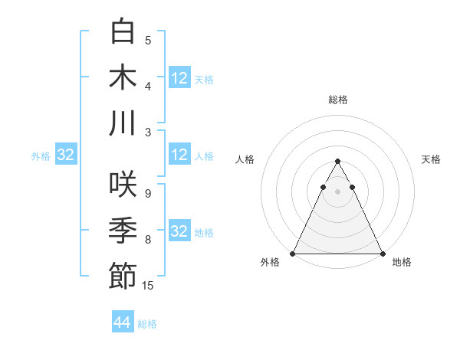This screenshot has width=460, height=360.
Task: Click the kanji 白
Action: (123, 32)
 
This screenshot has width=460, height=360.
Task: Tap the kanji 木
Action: (123, 77)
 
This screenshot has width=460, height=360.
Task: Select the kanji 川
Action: (123, 123)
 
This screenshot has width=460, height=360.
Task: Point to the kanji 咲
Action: (123, 185)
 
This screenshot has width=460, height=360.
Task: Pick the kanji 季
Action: (123, 231)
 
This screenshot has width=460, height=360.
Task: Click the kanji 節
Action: (123, 276)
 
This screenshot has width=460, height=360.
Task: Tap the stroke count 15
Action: (148, 286)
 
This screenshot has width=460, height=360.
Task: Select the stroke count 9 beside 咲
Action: (148, 194)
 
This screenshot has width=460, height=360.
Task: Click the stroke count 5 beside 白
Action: (148, 41)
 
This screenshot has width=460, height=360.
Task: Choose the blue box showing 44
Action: (123, 322)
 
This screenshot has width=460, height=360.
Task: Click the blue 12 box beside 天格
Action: (179, 77)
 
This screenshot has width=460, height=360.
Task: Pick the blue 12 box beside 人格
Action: (179, 155)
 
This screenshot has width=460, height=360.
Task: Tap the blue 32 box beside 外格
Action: (66, 155)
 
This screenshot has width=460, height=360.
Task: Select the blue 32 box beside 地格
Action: (179, 231)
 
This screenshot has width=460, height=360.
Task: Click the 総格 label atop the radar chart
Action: (338, 100)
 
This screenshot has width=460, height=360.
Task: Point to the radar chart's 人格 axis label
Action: (246, 159)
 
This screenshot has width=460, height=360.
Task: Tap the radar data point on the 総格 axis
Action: (337, 162)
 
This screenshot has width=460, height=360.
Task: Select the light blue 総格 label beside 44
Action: (148, 324)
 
